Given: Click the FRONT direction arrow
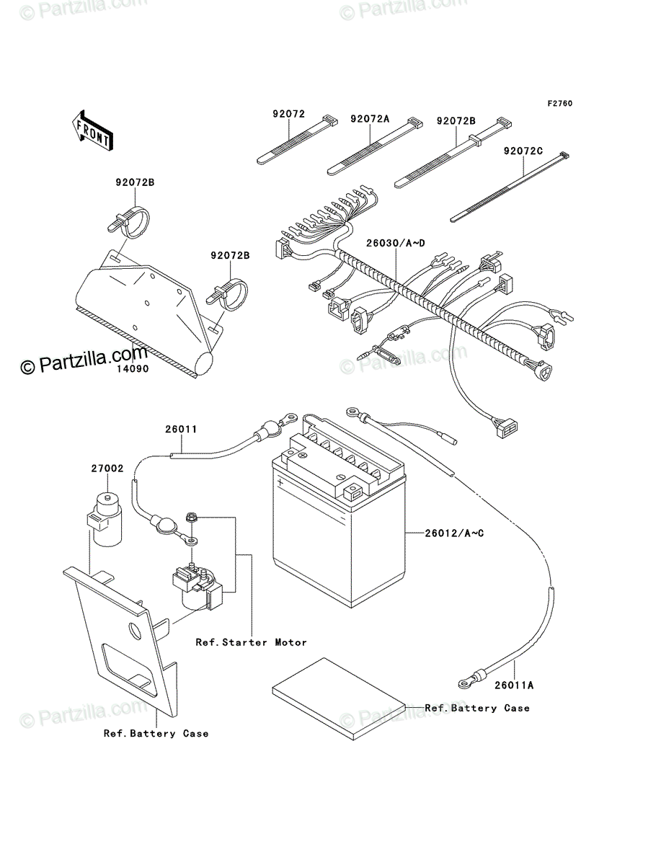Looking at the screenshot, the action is pyautogui.click(x=92, y=130).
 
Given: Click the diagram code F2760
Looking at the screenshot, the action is pyautogui.click(x=560, y=104).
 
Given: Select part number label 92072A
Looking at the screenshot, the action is pyautogui.click(x=370, y=119).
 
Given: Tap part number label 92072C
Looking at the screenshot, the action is pyautogui.click(x=523, y=151).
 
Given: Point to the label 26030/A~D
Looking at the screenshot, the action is pyautogui.click(x=396, y=243).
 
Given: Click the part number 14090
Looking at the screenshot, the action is pyautogui.click(x=133, y=369).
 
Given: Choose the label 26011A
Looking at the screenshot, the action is pyautogui.click(x=514, y=686).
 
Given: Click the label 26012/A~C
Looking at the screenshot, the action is pyautogui.click(x=454, y=533).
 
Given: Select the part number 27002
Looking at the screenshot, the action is pyautogui.click(x=107, y=468).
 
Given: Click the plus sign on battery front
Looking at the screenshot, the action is pyautogui.click(x=280, y=482).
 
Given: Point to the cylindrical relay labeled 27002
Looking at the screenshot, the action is pyautogui.click(x=104, y=520).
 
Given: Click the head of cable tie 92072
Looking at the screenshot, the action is pyautogui.click(x=330, y=120).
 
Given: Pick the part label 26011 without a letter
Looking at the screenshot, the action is pyautogui.click(x=181, y=429).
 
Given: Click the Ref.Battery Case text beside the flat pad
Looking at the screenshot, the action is pyautogui.click(x=477, y=708).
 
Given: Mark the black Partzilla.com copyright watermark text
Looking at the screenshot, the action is pyautogui.click(x=84, y=360).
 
